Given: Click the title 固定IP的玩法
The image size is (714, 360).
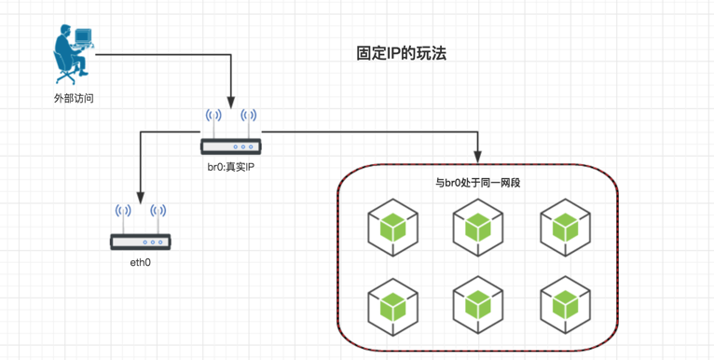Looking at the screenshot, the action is tap(401, 54).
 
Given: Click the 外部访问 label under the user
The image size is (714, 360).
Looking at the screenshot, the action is tap(74, 99).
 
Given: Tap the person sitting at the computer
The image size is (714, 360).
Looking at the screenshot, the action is tap(73, 55).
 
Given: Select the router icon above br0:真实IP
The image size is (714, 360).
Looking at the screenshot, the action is tap(231, 132).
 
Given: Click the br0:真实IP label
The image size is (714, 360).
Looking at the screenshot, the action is tap(231, 167).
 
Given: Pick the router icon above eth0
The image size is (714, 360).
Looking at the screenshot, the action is tap(140, 227).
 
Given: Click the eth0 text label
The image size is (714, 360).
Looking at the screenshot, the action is tap(140, 262).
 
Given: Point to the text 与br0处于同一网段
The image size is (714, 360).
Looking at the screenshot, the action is tap(477, 184).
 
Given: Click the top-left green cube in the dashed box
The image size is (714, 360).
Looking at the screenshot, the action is tap(392, 228).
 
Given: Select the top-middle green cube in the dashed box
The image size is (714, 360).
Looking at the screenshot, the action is tap(477, 228).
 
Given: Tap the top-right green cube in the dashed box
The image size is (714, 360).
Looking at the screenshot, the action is tap(565, 228).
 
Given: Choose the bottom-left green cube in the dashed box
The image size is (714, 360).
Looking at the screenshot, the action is tap(392, 306).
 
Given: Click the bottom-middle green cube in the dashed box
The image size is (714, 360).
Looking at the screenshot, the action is tap(477, 306).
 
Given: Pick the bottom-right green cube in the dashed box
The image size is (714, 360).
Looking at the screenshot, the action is tap(565, 306).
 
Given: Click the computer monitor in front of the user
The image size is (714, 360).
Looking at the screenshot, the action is tap(83, 35).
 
